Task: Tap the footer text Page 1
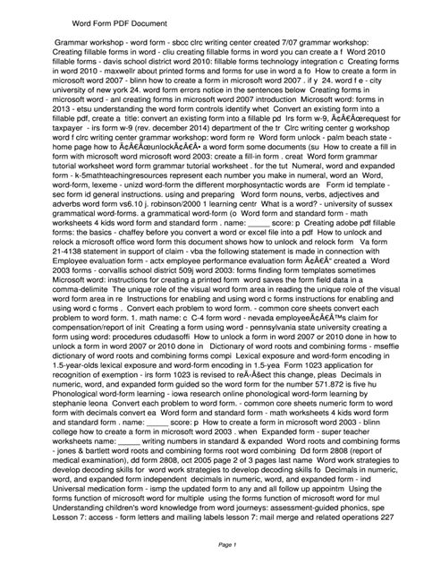(211, 544)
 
